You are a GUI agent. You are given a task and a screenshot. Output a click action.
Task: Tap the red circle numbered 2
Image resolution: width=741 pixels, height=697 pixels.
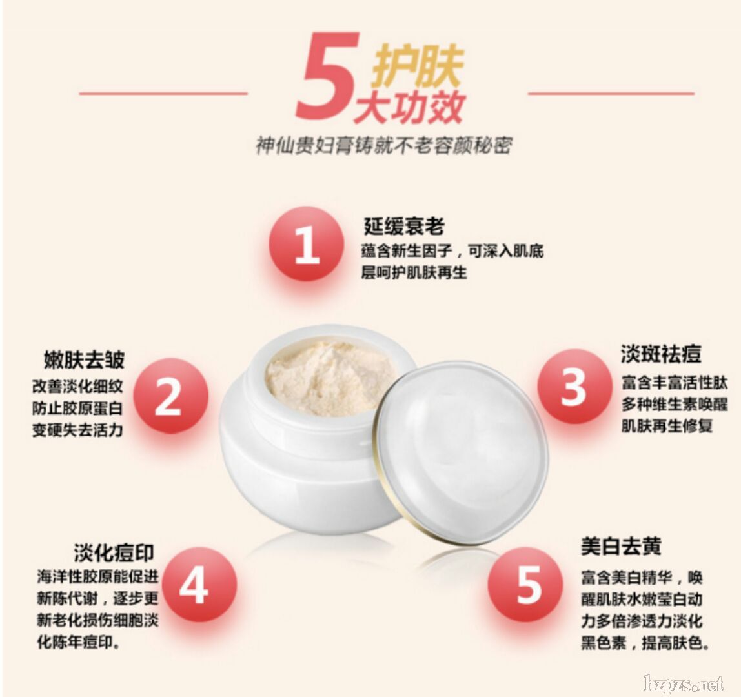170,396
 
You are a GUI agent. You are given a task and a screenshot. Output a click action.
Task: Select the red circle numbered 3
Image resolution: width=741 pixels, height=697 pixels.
574,387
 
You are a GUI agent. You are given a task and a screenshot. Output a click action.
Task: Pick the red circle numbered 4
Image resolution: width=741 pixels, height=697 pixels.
199,585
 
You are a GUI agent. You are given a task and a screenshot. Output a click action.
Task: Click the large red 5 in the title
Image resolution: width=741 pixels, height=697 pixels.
327,76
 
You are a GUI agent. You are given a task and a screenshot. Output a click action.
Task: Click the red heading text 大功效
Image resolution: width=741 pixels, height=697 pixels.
411,106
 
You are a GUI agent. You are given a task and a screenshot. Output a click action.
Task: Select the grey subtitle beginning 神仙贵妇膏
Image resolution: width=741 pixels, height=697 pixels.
383,146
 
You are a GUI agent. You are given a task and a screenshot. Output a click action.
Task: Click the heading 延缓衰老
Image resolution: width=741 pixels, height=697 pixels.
404,227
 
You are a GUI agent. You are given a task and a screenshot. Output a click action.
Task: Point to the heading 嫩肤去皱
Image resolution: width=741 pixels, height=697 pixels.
84,359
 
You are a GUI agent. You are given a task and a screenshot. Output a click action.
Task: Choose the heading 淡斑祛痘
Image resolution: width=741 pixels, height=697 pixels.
661,354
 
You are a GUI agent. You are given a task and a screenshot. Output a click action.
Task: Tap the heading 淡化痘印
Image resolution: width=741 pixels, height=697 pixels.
114,552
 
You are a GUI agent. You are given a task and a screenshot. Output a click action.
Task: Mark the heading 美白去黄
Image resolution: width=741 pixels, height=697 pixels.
621,546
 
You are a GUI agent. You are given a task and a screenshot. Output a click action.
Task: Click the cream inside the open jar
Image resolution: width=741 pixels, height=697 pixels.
330,378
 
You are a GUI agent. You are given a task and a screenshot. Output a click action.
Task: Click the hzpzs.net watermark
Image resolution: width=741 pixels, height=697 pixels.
684,683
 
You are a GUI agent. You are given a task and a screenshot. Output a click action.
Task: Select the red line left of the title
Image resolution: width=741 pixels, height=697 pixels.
163,94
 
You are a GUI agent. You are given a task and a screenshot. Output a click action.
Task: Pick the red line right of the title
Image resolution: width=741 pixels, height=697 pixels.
611,94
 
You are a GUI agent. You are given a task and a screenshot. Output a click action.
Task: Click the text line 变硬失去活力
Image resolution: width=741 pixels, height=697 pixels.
77,430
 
